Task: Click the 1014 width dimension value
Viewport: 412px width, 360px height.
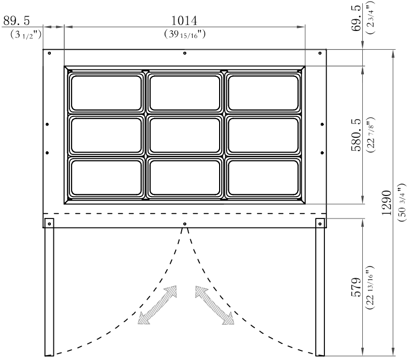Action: tap(184, 21)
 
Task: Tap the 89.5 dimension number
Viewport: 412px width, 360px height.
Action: tap(17, 21)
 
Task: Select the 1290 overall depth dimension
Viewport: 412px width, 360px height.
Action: tap(386, 202)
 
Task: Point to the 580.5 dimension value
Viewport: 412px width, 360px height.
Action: tap(356, 135)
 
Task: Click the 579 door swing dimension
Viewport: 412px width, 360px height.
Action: tap(356, 287)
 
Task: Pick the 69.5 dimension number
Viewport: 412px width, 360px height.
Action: tap(356, 18)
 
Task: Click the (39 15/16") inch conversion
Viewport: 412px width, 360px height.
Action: tap(185, 34)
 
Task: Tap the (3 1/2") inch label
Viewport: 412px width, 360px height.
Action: tap(26, 34)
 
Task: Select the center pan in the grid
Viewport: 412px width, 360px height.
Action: tap(185, 135)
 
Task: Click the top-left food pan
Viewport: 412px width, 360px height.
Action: tap(106, 93)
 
